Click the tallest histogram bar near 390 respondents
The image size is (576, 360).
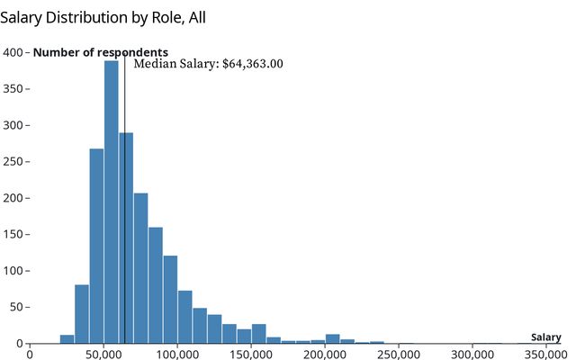click(111, 202)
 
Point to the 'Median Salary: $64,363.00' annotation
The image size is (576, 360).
click(208, 64)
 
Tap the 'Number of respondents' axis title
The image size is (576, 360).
click(100, 52)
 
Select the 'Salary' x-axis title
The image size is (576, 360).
click(545, 337)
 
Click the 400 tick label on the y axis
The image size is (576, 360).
click(13, 52)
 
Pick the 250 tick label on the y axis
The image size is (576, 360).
click(13, 161)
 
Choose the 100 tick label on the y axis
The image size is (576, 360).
click(13, 271)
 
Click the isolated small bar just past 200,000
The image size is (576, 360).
click(332, 339)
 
